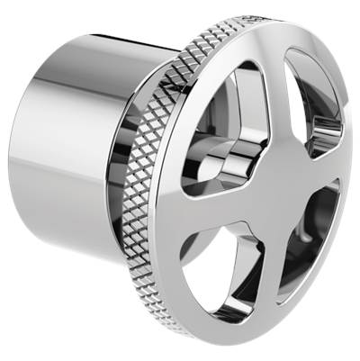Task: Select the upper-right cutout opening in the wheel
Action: [311, 104]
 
